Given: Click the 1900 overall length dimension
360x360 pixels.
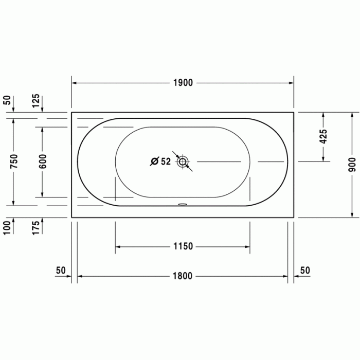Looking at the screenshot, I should click(183, 83).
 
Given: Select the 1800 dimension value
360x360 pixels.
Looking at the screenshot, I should click(182, 276).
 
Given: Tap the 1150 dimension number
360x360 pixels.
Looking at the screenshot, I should click(183, 246).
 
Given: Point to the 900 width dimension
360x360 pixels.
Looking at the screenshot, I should click(352, 163).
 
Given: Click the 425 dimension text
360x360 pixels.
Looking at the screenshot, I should click(323, 136).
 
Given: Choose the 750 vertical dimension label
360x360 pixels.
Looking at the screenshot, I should click(14, 161).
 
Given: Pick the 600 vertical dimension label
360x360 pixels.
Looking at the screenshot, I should click(43, 161).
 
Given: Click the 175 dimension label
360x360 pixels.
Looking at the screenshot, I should click(35, 227).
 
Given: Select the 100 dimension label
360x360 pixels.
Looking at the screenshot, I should click(7, 227).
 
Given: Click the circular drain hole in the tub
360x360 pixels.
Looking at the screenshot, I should click(183, 162).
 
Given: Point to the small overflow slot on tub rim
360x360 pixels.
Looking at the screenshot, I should click(183, 203).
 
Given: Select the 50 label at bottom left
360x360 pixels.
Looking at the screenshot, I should click(61, 270).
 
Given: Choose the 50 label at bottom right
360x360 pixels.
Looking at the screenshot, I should click(305, 270).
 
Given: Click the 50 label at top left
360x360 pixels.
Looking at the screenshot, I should click(7, 100).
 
